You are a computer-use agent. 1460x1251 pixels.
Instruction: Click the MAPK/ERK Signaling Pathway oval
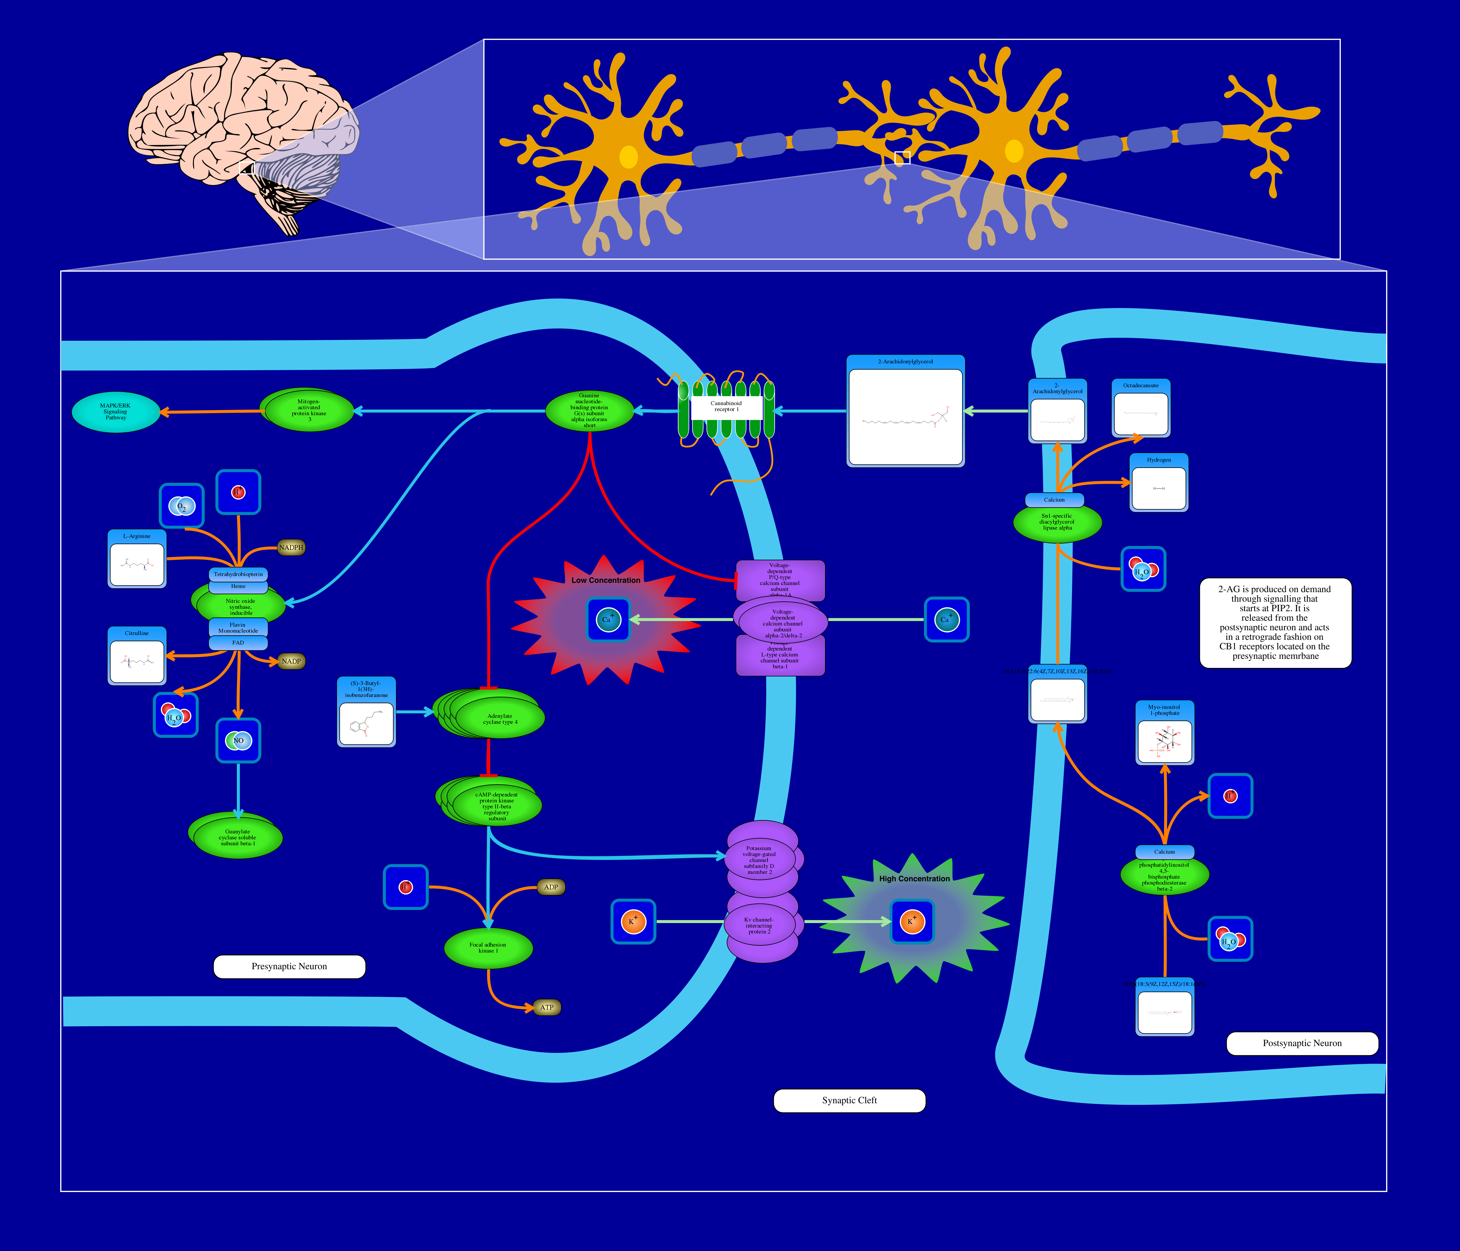coord(116,412)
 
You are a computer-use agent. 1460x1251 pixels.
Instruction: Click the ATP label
coord(547,1007)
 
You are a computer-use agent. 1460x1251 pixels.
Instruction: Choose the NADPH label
coord(291,547)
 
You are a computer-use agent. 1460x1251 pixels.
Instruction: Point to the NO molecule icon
coord(238,740)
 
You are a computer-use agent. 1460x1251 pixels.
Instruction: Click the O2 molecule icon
coord(182,506)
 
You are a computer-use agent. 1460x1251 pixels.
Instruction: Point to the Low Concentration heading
coord(606,581)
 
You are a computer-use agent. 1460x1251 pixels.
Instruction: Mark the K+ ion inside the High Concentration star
coord(912,921)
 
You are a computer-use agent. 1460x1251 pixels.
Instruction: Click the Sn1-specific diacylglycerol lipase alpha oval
coord(1057,522)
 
